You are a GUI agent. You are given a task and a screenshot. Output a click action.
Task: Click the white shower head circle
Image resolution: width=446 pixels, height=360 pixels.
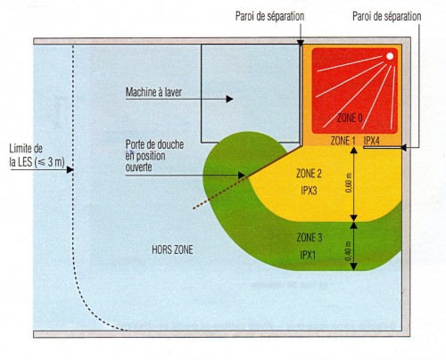tap(390, 56)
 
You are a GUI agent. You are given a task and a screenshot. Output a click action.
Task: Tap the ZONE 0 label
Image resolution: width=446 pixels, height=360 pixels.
tap(350, 119)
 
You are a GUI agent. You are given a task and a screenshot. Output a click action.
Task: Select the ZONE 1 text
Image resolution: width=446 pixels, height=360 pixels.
tap(343, 141)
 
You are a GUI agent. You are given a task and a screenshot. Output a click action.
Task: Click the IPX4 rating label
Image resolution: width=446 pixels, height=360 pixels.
tap(372, 141)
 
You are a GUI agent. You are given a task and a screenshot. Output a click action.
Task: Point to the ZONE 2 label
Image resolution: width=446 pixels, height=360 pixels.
tap(309, 174)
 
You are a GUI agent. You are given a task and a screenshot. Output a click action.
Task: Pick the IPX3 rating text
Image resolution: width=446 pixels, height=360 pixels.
tap(309, 191)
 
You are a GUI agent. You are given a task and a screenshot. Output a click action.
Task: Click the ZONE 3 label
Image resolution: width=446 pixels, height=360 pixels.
tap(310, 238)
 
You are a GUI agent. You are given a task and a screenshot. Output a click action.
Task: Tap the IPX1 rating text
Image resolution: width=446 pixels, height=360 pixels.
tap(308, 255)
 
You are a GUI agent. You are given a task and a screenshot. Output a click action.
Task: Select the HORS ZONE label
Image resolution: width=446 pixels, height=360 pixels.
tap(172, 250)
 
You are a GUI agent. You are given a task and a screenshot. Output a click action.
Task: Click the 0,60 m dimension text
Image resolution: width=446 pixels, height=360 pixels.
tap(349, 183)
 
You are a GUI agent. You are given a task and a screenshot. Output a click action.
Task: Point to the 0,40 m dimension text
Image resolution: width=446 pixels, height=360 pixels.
tap(349, 251)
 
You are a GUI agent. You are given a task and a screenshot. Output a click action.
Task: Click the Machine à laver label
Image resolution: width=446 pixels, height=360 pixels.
tap(153, 92)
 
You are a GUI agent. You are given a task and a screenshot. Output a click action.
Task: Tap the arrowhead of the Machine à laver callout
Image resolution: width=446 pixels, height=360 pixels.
tap(229, 99)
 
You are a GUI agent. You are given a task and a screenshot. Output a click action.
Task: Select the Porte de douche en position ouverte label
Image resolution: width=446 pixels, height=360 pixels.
tap(154, 156)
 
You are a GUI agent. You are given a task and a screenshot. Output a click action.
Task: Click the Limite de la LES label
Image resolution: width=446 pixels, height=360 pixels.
tap(37, 155)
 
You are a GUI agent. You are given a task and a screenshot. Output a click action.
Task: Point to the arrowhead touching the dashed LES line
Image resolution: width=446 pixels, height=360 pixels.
tap(70, 170)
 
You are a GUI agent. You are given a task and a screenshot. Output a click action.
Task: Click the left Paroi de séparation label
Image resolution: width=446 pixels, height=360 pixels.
tap(269, 16)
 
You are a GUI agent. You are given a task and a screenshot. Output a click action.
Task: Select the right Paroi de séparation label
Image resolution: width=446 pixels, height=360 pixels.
tap(387, 16)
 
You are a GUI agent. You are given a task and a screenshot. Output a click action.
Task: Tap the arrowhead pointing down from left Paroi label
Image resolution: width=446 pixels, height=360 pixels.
tap(301, 43)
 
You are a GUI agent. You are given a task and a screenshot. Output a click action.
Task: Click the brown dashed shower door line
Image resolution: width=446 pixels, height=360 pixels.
tap(219, 192)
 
